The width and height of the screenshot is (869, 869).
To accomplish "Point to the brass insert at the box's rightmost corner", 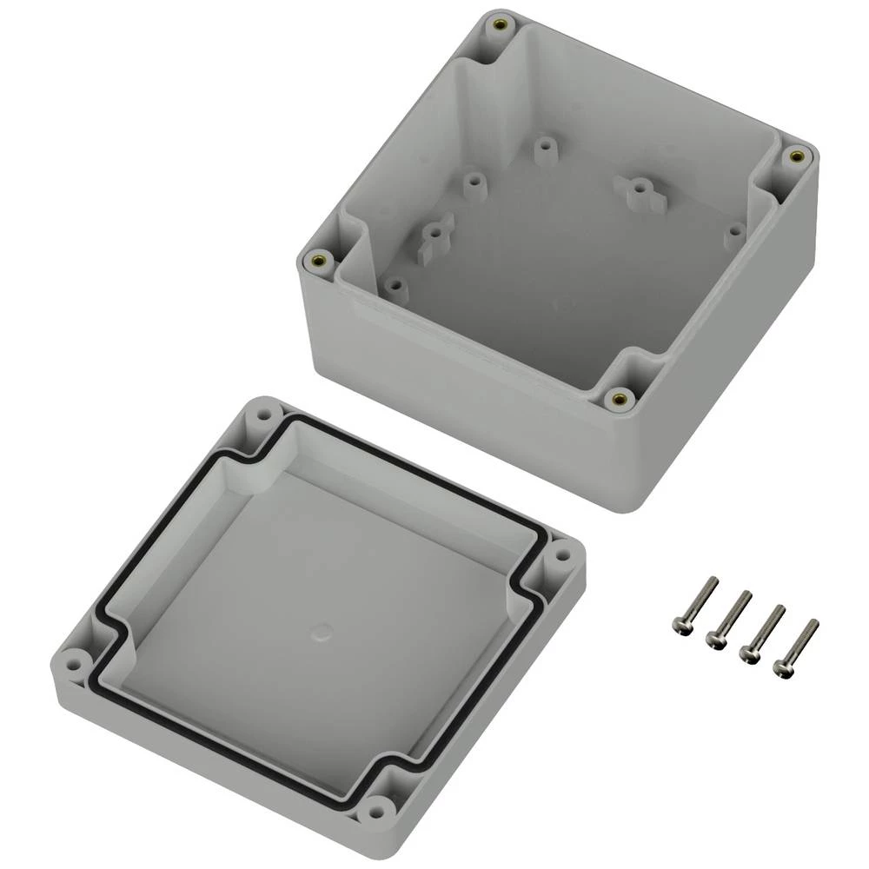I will click(793, 156).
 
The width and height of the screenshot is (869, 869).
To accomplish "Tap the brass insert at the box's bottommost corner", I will click(618, 399).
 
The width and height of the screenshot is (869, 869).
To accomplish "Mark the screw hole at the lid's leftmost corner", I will click(75, 656).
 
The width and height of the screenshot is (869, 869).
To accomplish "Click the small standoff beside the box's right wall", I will click(736, 231).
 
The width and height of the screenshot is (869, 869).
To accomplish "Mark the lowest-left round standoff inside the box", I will click(395, 285).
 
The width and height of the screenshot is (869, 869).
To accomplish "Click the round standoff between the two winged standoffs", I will click(473, 182).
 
